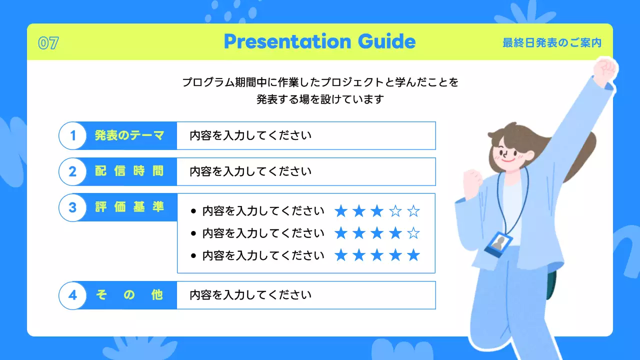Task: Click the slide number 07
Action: pos(48,43)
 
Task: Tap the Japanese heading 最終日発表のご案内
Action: pos(551,43)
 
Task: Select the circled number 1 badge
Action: pos(72,135)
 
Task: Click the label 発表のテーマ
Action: pos(129,135)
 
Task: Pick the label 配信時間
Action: pos(129,171)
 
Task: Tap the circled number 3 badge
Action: pos(72,207)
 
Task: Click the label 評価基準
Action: pos(129,207)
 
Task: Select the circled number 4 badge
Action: pos(72,295)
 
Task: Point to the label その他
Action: pos(129,295)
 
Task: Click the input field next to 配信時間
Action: pos(306,171)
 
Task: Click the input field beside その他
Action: pos(306,295)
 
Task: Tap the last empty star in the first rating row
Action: pos(413,211)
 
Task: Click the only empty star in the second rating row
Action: pos(413,233)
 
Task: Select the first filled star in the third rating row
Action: pos(341,255)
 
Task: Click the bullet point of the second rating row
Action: pos(193,233)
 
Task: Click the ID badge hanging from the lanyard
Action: pos(498,244)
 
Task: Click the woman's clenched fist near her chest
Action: pos(472,183)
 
